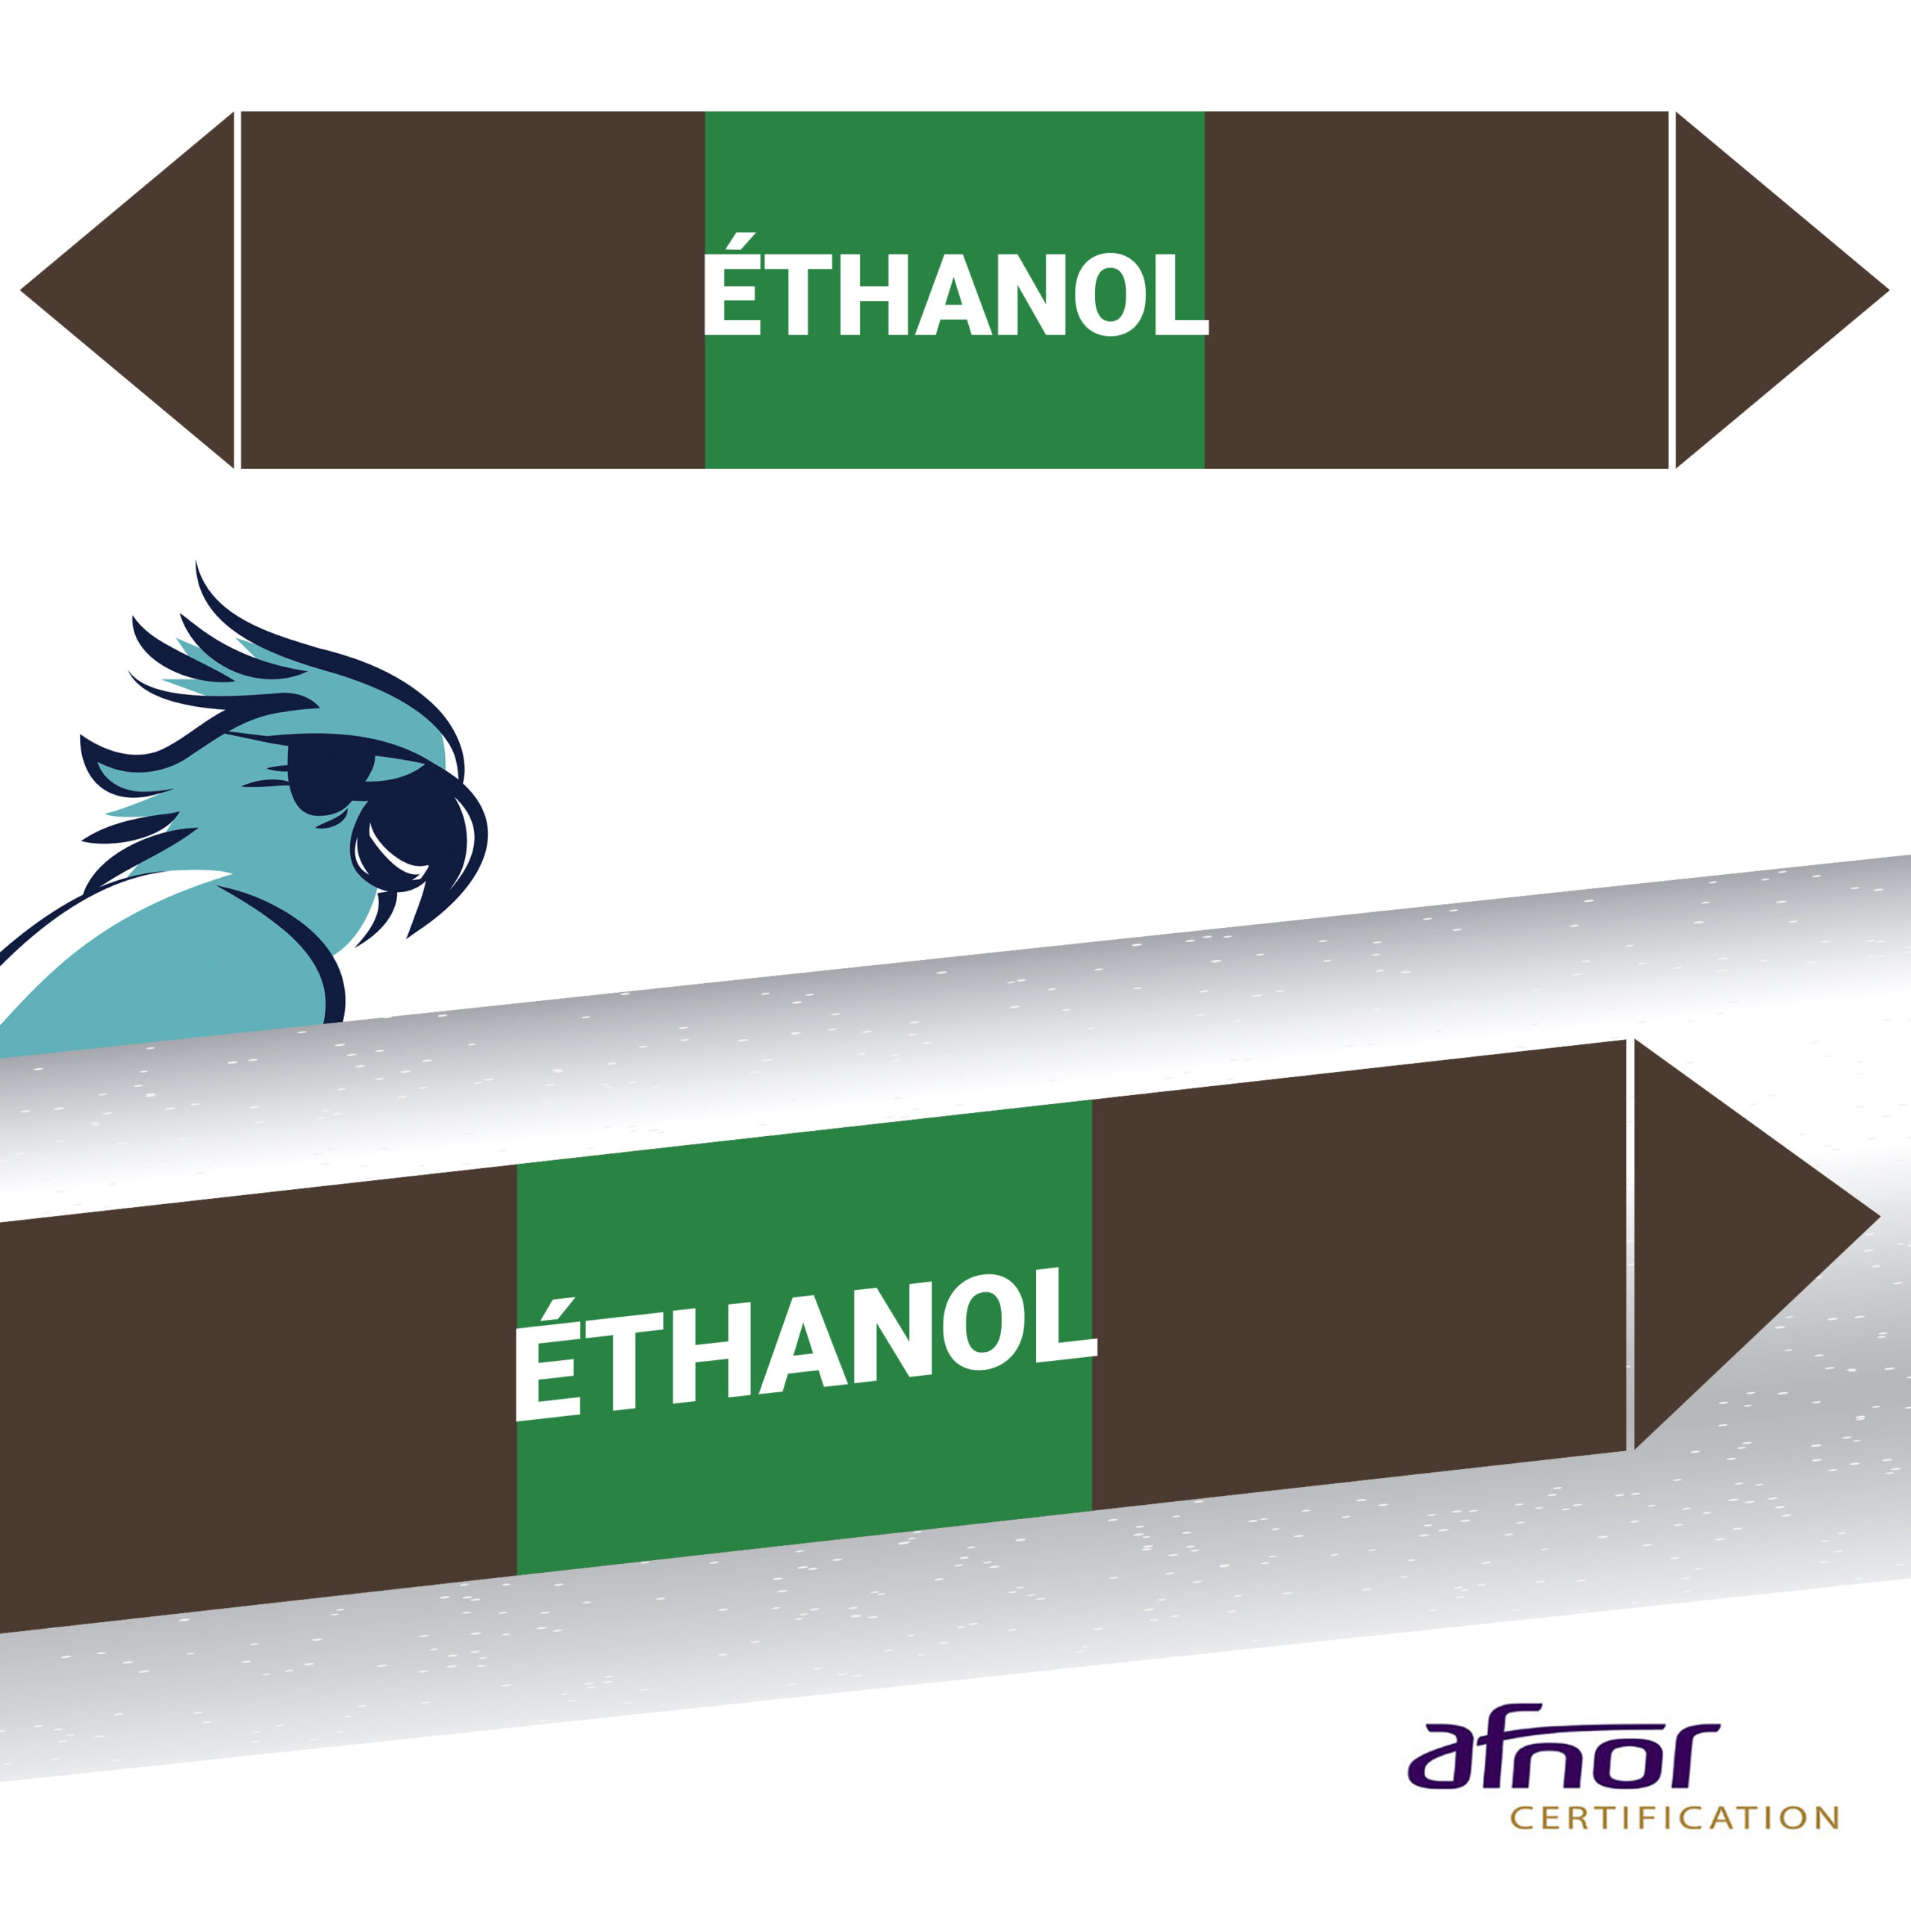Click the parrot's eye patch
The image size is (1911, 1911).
[x=326, y=773]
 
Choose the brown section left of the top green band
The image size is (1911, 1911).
[x=473, y=290]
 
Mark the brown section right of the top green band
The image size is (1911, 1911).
[x=1436, y=290]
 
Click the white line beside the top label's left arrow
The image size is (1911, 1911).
[x=237, y=290]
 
